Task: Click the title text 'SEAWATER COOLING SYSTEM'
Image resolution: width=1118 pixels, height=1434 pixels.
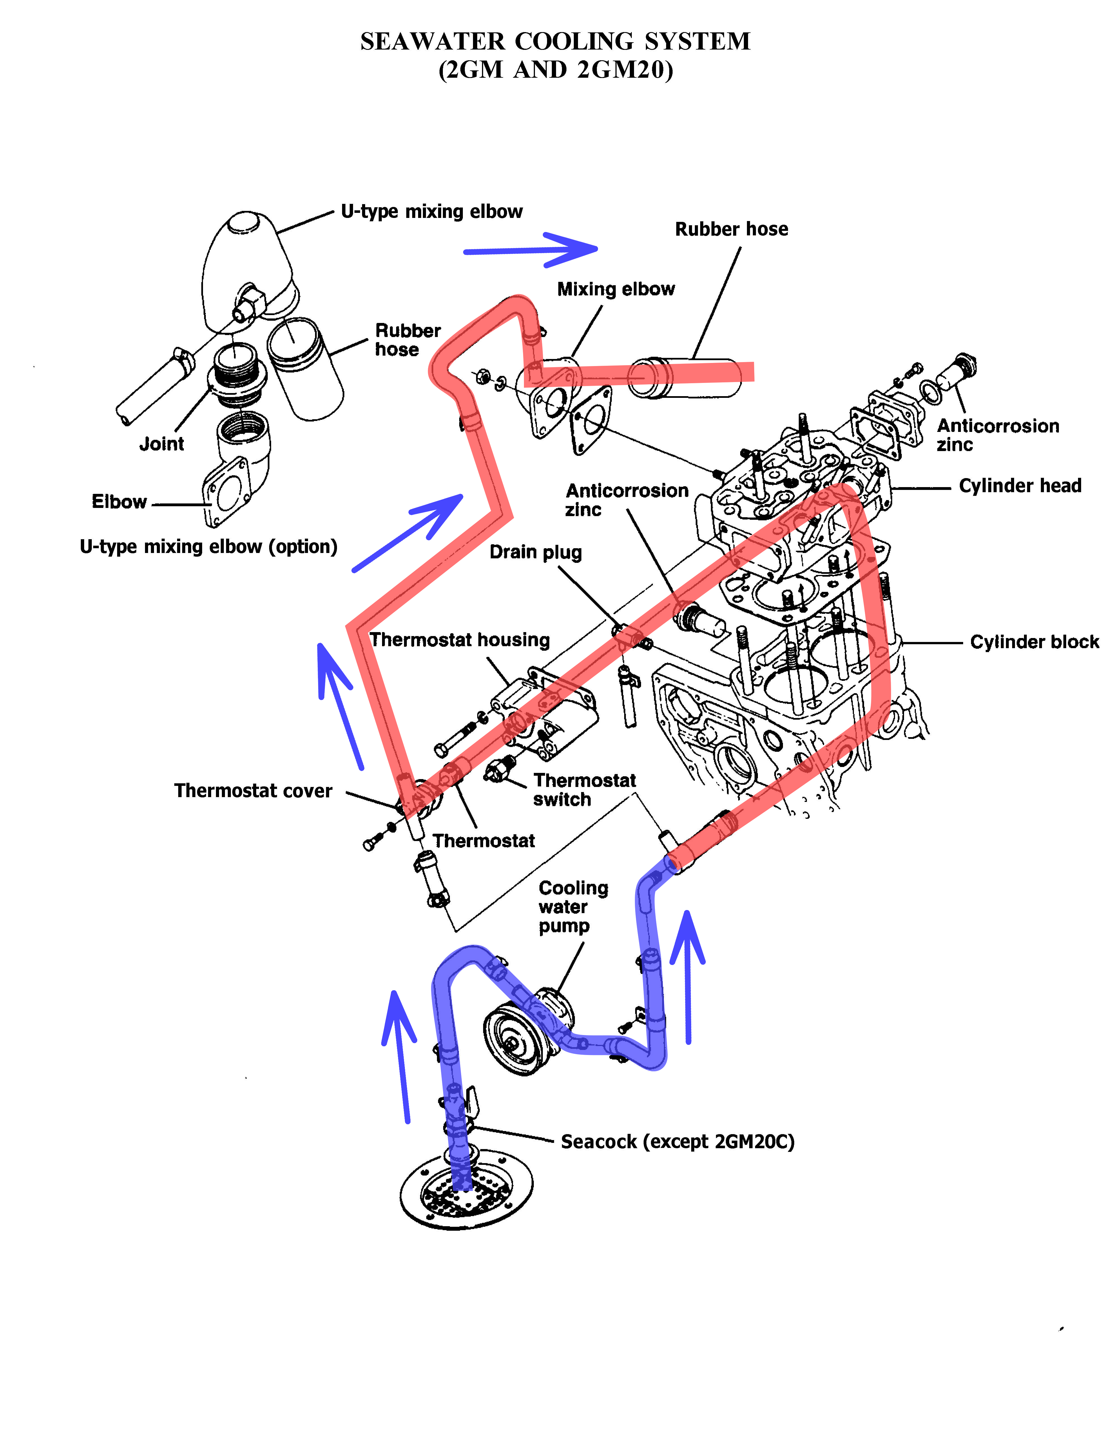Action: tap(555, 41)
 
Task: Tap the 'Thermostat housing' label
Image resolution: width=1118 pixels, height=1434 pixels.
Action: tap(459, 639)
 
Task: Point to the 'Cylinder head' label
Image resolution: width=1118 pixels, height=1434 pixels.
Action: tap(1019, 486)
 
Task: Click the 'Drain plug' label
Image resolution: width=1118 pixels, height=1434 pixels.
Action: tap(536, 552)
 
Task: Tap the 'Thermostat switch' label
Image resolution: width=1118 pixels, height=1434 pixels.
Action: tap(584, 790)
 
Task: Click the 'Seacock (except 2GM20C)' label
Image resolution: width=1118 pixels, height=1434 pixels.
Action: tap(677, 1142)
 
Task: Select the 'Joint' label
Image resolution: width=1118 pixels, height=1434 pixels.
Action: tap(162, 444)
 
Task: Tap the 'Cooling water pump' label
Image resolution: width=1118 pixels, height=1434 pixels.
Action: tap(572, 907)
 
